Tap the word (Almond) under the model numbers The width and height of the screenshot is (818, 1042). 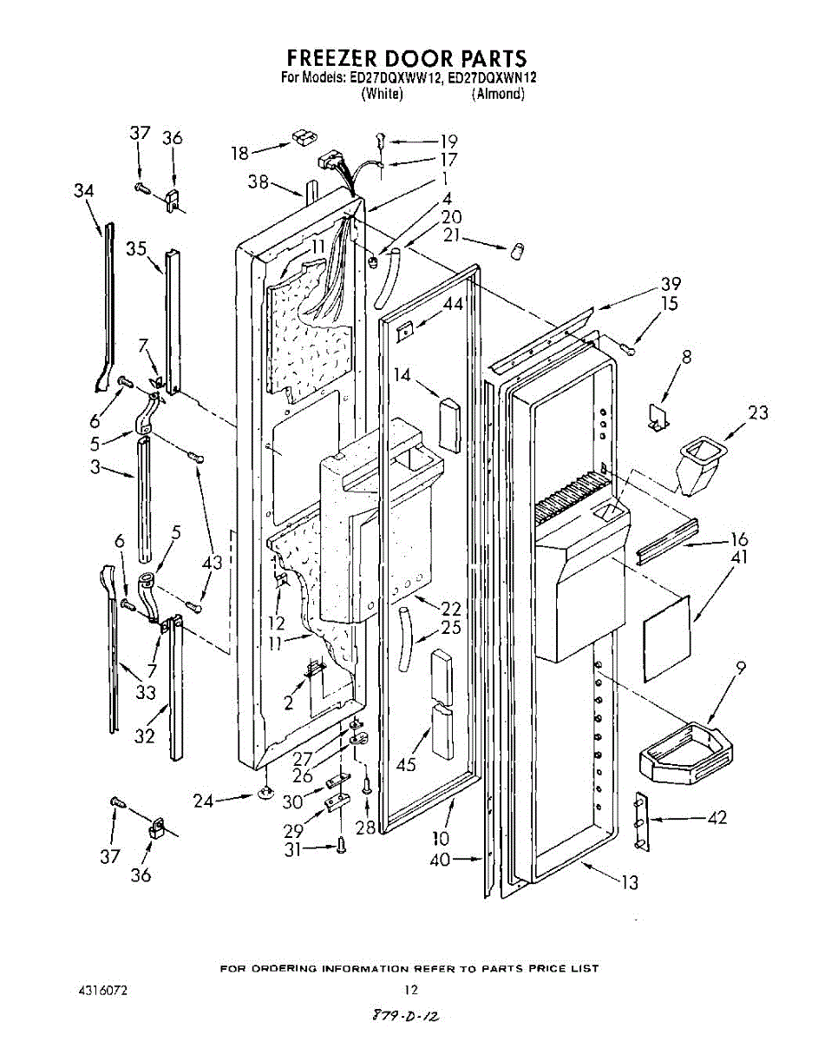click(x=498, y=94)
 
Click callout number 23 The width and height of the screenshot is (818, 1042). click(x=757, y=413)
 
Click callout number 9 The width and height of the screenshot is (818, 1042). click(x=740, y=668)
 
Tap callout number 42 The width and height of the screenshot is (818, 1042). click(x=717, y=817)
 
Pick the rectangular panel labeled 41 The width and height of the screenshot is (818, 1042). click(x=666, y=638)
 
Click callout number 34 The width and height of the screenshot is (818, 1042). click(x=83, y=191)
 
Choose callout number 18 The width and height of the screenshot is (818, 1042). click(x=239, y=153)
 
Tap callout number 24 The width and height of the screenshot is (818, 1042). click(x=203, y=801)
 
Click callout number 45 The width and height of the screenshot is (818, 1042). click(x=405, y=764)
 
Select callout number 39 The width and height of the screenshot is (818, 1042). click(x=670, y=284)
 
